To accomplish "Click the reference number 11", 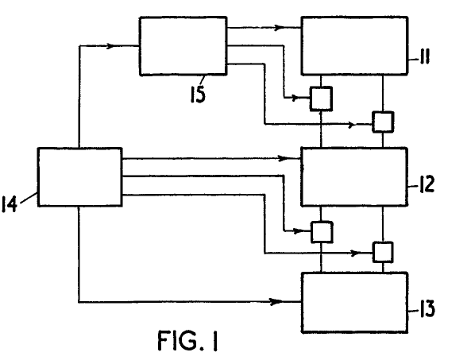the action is coord(425,57).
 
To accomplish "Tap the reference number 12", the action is coord(427,184).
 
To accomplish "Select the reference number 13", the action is coord(427,308).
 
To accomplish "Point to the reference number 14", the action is coord(10,204).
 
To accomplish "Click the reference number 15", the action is coord(199,94).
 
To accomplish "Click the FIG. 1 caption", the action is coord(187,340).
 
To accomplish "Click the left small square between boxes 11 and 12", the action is coord(321,99).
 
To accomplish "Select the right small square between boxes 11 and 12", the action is coord(383,122).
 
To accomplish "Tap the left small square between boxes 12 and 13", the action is coord(322,232).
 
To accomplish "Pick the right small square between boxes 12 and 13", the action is coord(383,252).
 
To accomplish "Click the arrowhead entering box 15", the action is coord(110,46).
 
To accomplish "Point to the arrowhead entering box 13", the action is coord(276,301).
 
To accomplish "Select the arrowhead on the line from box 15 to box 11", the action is coord(280,27).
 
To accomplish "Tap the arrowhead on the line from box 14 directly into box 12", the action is coord(283,158).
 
